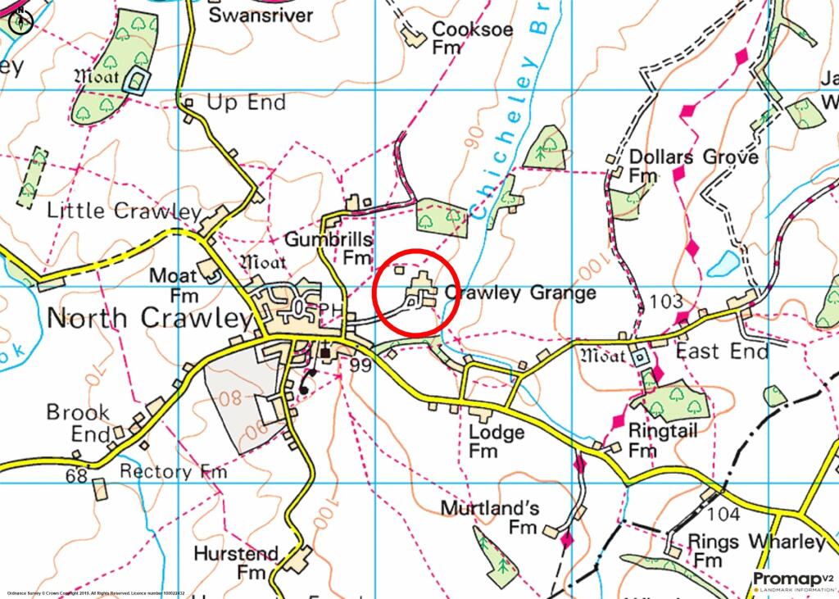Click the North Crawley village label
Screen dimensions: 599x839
pyautogui.click(x=149, y=318)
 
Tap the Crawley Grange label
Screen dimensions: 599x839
pyautogui.click(x=519, y=293)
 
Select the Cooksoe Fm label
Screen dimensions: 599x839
pyautogui.click(x=472, y=38)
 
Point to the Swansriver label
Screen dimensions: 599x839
pyautogui.click(x=261, y=15)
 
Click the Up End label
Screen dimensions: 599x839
pyautogui.click(x=246, y=103)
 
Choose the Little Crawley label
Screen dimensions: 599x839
pyautogui.click(x=124, y=211)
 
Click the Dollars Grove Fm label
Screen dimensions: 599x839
pyautogui.click(x=692, y=165)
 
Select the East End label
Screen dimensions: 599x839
pyautogui.click(x=722, y=352)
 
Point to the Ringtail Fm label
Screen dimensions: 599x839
pyautogui.click(x=662, y=440)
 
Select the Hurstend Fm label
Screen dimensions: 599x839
pyautogui.click(x=236, y=562)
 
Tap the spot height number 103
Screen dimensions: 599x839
pyautogui.click(x=665, y=302)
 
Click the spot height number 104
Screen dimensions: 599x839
pyautogui.click(x=723, y=514)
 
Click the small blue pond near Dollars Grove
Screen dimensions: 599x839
pyautogui.click(x=723, y=263)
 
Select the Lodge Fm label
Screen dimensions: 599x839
pyautogui.click(x=497, y=441)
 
